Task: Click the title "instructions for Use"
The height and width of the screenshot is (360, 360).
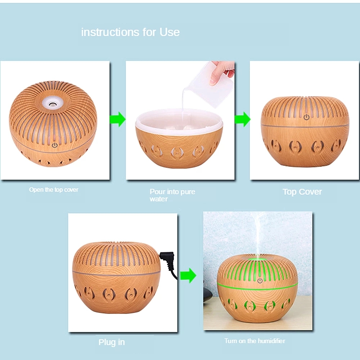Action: click(x=130, y=32)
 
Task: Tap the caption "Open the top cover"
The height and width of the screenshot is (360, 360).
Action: click(x=54, y=190)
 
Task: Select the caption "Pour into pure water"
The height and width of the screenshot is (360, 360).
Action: click(x=172, y=195)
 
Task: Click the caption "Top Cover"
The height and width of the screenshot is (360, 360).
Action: click(x=302, y=192)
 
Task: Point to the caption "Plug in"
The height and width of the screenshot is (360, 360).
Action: click(x=112, y=342)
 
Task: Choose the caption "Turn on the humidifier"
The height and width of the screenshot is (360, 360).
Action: click(x=255, y=341)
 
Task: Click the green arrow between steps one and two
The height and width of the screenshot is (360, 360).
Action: click(x=117, y=119)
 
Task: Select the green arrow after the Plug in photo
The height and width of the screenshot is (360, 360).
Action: click(x=188, y=276)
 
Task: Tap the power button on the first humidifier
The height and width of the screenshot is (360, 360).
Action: click(x=55, y=145)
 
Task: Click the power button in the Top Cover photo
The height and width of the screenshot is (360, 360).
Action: click(x=306, y=117)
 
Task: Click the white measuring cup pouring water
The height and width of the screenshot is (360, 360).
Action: click(x=211, y=85)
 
